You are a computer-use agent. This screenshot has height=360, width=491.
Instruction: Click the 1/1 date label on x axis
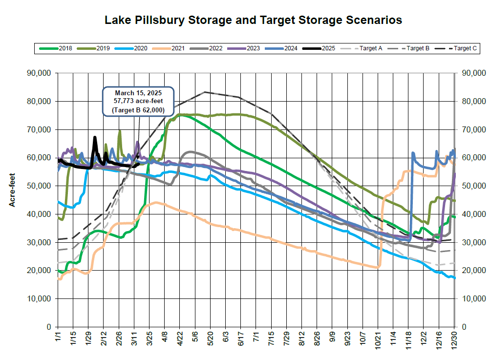[x=58, y=337]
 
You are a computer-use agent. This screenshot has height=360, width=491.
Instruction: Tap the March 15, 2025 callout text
[x=138, y=93]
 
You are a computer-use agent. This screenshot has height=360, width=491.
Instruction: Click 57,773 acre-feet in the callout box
[x=138, y=102]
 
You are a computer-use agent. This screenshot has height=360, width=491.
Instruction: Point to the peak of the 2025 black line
[x=95, y=137]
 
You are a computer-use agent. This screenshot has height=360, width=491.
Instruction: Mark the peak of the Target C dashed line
[x=205, y=92]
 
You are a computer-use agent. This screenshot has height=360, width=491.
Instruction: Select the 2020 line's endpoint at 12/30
[x=455, y=278]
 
